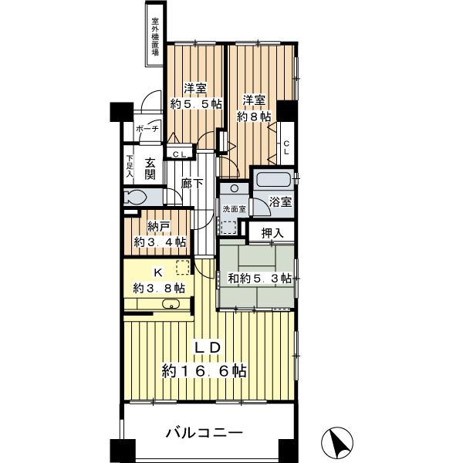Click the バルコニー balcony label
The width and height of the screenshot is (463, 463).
(204, 433)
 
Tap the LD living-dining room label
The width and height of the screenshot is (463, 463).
(205, 348)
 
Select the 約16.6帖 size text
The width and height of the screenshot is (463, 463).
(204, 371)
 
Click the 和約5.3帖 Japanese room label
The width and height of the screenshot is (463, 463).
(259, 278)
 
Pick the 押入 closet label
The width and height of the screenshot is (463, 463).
(272, 231)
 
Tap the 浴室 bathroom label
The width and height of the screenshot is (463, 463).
(281, 202)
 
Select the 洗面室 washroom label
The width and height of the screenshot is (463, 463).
(234, 209)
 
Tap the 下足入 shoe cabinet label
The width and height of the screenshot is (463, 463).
(130, 169)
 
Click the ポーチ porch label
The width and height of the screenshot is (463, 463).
(147, 129)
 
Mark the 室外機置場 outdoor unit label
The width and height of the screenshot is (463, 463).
(155, 36)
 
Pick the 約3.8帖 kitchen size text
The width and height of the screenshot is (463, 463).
(159, 288)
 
